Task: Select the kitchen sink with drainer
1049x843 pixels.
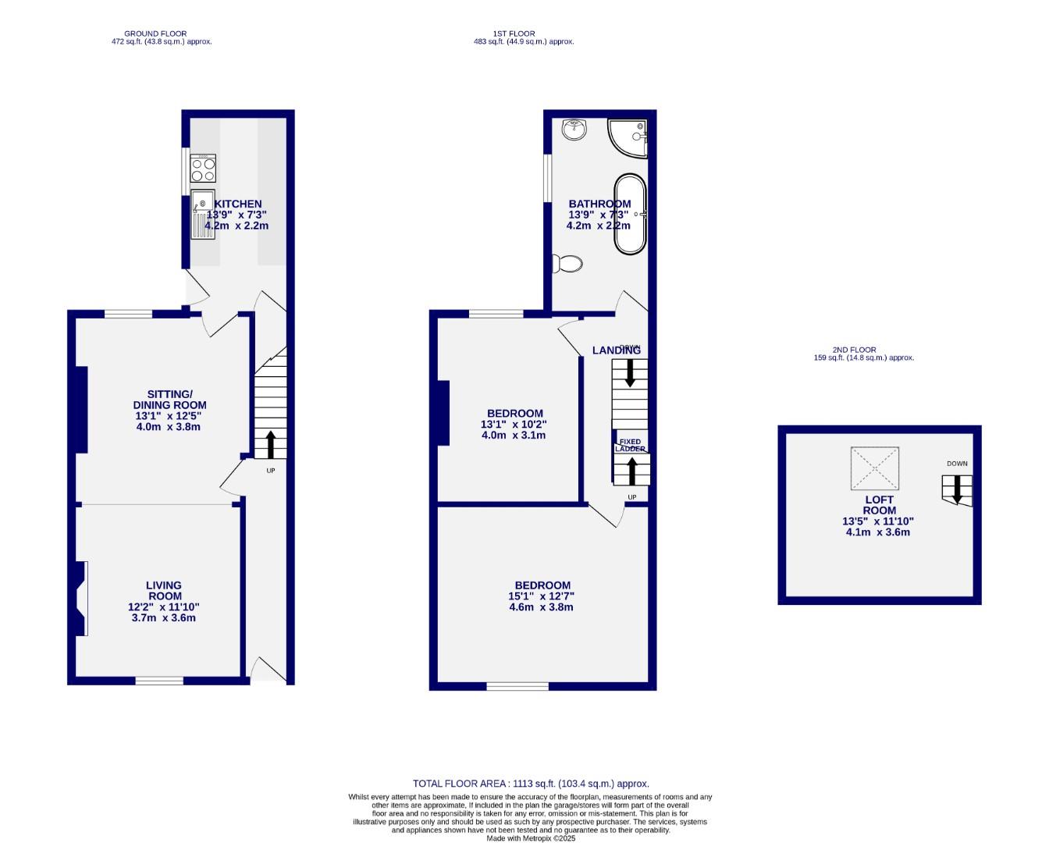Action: pyautogui.click(x=202, y=214)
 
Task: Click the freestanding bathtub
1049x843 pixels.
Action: pyautogui.click(x=630, y=214)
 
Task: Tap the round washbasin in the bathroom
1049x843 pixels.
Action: pyautogui.click(x=575, y=130)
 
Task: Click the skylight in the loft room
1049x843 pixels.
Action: pyautogui.click(x=875, y=468)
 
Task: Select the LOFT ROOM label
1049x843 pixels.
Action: pyautogui.click(x=879, y=505)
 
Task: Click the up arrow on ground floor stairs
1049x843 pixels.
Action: pyautogui.click(x=271, y=444)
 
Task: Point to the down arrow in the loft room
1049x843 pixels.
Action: pyautogui.click(x=958, y=491)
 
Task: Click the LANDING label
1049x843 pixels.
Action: pyautogui.click(x=617, y=350)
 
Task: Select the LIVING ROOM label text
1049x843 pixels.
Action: pyautogui.click(x=164, y=590)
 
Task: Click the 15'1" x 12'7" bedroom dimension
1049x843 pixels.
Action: pyautogui.click(x=542, y=596)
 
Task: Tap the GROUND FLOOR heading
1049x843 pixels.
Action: pyautogui.click(x=155, y=34)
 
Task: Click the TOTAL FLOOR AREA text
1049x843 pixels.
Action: pyautogui.click(x=531, y=784)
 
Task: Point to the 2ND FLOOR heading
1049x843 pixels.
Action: pyautogui.click(x=854, y=350)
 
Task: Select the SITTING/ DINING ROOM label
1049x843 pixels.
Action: pyautogui.click(x=169, y=400)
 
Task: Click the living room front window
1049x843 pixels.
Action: pyautogui.click(x=159, y=681)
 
